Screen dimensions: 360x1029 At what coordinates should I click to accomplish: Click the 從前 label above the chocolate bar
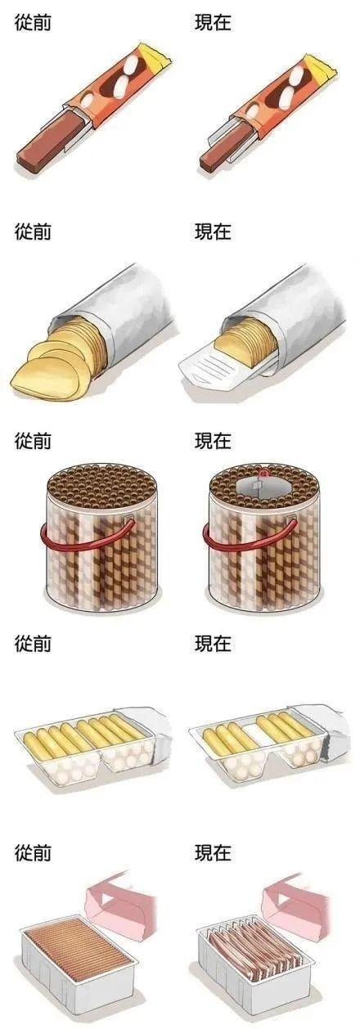click(33, 23)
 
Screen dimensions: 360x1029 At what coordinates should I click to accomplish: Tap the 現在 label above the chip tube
click(213, 231)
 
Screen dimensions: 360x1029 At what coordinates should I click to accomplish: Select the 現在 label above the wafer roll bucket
click(213, 441)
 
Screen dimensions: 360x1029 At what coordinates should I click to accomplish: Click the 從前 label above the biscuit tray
click(33, 644)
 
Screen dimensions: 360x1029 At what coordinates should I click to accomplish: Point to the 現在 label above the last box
click(213, 853)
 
